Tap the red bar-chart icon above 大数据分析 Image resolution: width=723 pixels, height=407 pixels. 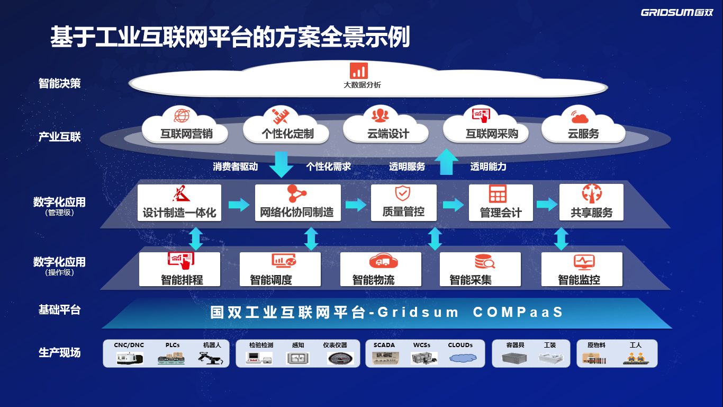(x=358, y=71)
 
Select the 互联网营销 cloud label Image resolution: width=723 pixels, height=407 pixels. (x=186, y=134)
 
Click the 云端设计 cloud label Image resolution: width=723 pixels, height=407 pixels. (x=388, y=134)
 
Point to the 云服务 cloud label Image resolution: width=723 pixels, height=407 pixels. (x=583, y=134)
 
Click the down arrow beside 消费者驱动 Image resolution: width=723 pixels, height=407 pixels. (x=281, y=164)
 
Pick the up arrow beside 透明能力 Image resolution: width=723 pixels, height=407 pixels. (x=447, y=162)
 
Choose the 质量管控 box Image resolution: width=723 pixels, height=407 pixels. (x=403, y=202)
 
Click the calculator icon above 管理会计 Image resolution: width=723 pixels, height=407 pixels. (x=498, y=194)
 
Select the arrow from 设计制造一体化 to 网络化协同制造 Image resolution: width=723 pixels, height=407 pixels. (x=239, y=205)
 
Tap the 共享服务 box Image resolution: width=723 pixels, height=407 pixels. (x=591, y=202)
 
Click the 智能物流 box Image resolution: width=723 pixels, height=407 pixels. (x=381, y=269)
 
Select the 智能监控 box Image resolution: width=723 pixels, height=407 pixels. (x=582, y=269)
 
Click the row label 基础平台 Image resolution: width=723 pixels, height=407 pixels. (x=60, y=309)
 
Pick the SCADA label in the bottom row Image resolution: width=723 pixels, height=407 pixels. (x=384, y=345)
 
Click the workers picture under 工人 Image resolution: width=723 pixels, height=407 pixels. (x=635, y=358)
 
